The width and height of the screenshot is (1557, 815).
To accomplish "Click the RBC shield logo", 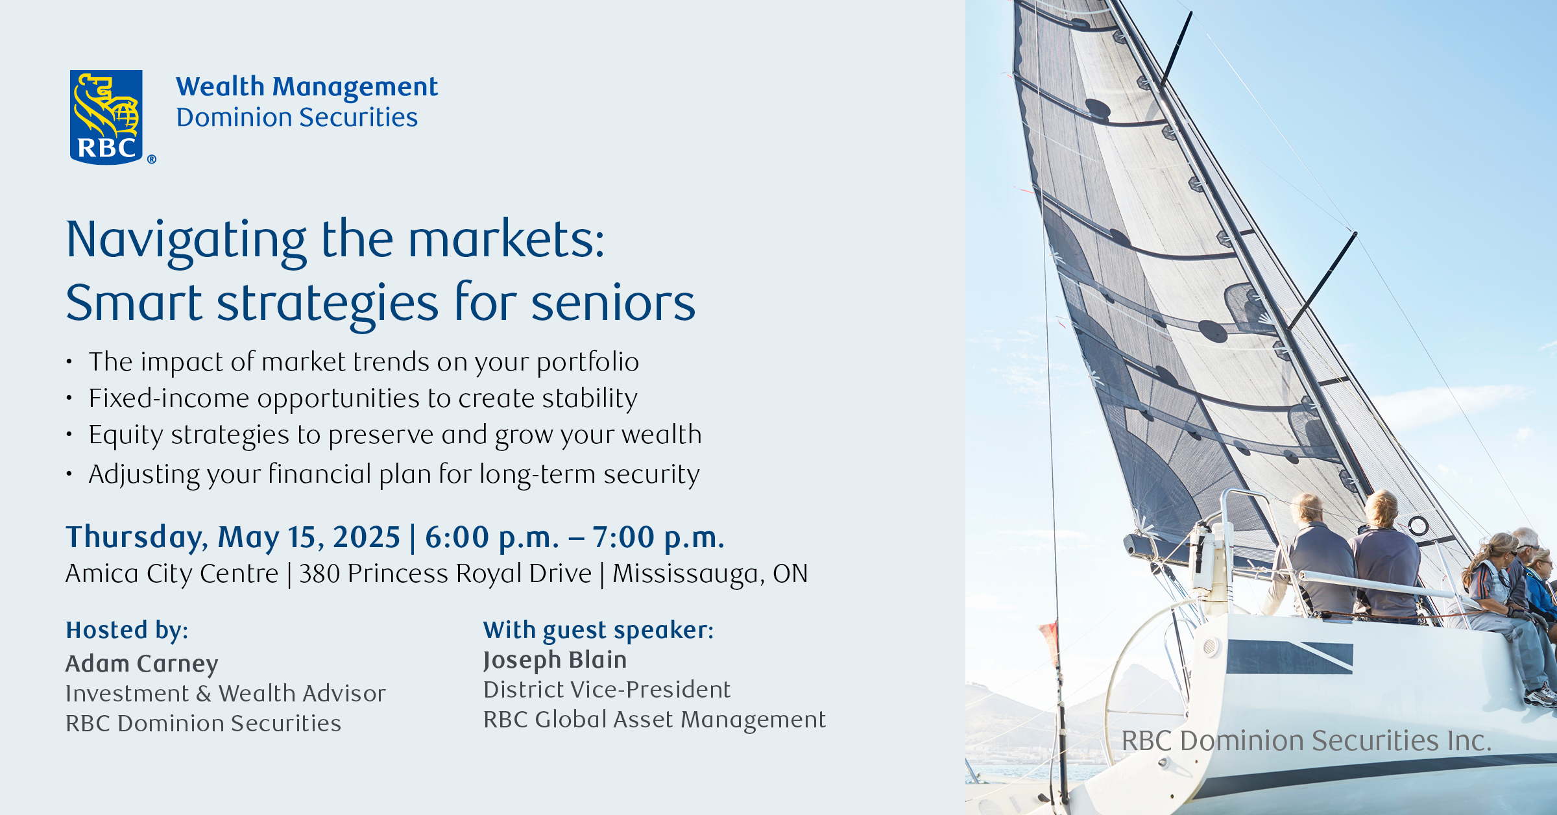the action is pos(106,117).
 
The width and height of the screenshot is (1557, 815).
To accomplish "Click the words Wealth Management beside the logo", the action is pos(307,87).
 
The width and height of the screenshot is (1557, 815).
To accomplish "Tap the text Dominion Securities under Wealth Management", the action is pos(297,117).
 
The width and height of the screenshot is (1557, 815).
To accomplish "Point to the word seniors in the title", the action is pos(613,303).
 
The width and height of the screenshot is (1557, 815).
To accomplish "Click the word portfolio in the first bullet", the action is pos(588,363).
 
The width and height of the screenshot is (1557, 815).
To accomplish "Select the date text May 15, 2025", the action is pos(309,537).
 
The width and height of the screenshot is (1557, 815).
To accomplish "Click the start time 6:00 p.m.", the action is pos(492,538).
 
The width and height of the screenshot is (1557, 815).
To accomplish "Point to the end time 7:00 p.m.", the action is pos(658,538).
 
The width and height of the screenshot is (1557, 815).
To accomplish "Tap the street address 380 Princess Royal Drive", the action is pos(445,574).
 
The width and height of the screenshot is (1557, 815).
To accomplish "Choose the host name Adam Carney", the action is pos(142,664).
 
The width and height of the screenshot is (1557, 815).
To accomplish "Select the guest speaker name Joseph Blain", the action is pos(555,660).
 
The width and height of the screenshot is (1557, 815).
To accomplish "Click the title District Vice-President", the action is pos(607,689).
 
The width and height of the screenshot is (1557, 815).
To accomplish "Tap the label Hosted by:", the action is pos(127,630).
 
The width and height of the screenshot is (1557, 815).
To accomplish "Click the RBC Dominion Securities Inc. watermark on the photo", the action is pos(1307,740).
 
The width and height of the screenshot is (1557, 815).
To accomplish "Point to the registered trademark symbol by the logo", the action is pos(152,159).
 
